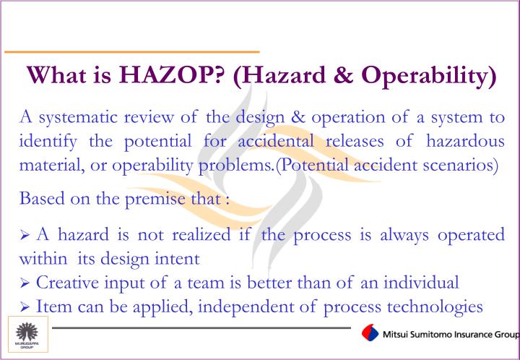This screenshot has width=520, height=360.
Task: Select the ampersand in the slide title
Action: (x=334, y=75)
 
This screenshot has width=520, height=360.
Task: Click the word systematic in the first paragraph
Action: (x=78, y=117)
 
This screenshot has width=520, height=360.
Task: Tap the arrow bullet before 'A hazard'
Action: (x=25, y=234)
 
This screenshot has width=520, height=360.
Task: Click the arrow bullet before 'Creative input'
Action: (x=25, y=283)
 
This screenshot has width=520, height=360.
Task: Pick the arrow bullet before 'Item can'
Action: (x=25, y=307)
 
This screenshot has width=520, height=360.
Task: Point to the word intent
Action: (x=179, y=257)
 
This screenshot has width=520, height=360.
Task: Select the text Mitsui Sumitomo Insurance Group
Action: (x=451, y=335)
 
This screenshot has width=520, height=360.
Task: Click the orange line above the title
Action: (x=131, y=52)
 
